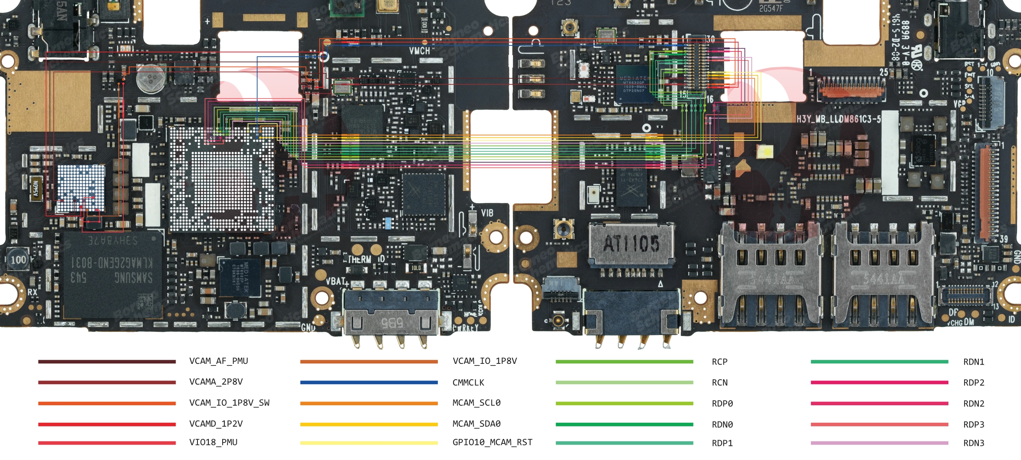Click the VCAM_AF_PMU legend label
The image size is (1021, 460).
[218, 361]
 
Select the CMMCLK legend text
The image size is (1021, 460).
[468, 383]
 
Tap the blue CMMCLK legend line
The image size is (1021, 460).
[369, 383]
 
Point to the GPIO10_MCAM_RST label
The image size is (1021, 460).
[492, 442]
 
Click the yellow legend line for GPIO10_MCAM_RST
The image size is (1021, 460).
[369, 443]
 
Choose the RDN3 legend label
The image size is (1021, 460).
[974, 443]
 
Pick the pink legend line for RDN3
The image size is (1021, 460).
[879, 443]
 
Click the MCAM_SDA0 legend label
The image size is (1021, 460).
[476, 424]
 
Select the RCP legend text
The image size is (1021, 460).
[719, 362]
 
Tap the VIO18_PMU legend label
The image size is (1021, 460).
[213, 442]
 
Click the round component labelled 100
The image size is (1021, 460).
[18, 260]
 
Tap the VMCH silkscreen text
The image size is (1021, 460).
[419, 51]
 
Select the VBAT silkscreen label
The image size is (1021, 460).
[336, 281]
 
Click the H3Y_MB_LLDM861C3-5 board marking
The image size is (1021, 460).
[839, 119]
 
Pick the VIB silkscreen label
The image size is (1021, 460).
[487, 213]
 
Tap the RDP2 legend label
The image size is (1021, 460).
[974, 383]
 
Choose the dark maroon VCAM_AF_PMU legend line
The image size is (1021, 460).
[107, 361]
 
